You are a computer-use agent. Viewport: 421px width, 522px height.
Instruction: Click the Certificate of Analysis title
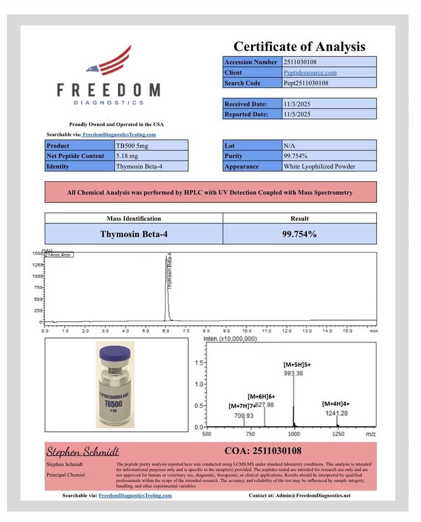click(299, 46)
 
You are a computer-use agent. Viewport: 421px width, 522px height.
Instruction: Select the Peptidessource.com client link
click(310, 73)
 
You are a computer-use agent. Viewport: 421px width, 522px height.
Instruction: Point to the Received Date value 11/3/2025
click(297, 104)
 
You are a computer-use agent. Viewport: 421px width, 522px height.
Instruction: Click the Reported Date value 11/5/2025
click(297, 114)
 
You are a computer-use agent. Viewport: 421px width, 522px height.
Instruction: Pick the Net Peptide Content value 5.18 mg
click(127, 156)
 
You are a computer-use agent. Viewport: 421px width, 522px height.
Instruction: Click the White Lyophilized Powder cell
click(319, 166)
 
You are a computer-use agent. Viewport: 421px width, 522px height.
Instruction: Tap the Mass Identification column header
click(134, 218)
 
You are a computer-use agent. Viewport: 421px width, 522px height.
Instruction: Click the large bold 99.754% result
click(299, 234)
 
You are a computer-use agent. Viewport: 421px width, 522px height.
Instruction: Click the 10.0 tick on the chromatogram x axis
click(246, 332)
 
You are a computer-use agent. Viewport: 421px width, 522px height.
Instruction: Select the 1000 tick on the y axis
click(38, 276)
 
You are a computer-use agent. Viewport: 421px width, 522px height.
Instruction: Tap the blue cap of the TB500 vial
click(115, 352)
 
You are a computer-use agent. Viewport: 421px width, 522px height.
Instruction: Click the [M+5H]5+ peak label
click(298, 364)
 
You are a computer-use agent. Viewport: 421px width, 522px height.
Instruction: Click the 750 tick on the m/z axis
click(250, 434)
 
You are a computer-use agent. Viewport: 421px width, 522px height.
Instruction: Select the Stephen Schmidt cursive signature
click(83, 452)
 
